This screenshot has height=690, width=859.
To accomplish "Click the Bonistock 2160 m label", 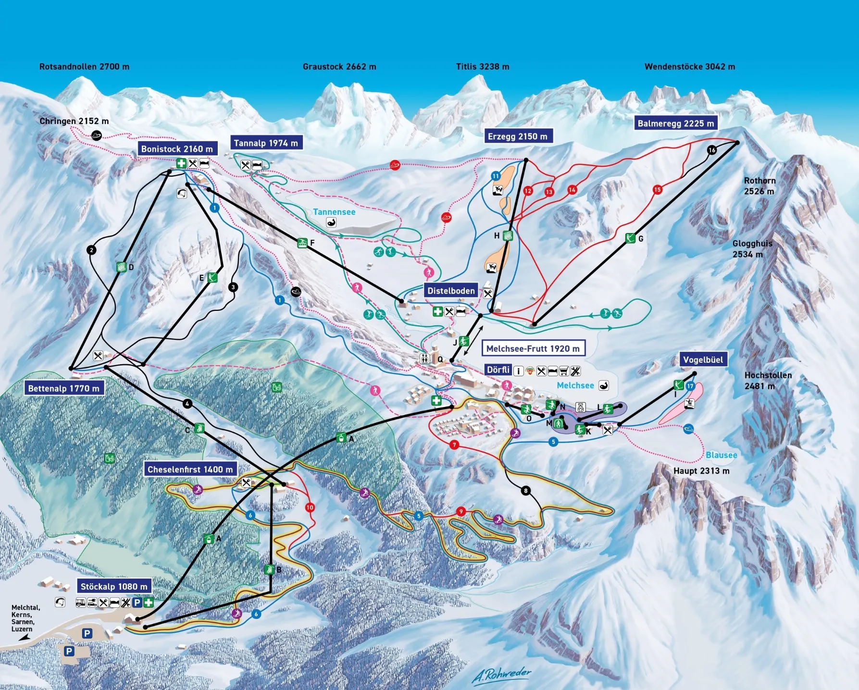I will pyautogui.click(x=177, y=149).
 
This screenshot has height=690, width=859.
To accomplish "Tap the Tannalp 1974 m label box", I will pyautogui.click(x=266, y=143).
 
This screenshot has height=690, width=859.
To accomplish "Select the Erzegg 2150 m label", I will pyautogui.click(x=517, y=136).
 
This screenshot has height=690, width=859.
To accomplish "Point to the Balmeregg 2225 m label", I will pyautogui.click(x=675, y=123).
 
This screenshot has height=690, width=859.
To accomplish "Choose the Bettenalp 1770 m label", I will pyautogui.click(x=63, y=388).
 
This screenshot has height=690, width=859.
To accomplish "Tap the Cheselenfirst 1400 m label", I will pyautogui.click(x=190, y=469).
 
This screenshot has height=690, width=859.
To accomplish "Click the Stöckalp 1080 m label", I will pyautogui.click(x=114, y=586).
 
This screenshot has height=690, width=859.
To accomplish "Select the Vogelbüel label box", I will pyautogui.click(x=703, y=360).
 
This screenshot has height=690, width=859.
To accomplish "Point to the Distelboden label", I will pyautogui.click(x=451, y=291).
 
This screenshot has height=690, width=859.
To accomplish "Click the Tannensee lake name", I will pyautogui.click(x=334, y=212).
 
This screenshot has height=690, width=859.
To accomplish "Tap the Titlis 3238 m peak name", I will pyautogui.click(x=482, y=67).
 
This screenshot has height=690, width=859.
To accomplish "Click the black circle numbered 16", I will pyautogui.click(x=712, y=150).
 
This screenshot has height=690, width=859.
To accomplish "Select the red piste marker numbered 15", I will pyautogui.click(x=657, y=190).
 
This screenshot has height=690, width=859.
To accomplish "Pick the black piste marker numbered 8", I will pyautogui.click(x=526, y=491).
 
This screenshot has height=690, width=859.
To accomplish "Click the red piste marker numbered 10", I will pyautogui.click(x=310, y=507).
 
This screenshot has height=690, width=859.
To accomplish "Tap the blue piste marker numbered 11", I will pyautogui.click(x=496, y=176).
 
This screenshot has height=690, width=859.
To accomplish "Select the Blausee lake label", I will pyautogui.click(x=721, y=455).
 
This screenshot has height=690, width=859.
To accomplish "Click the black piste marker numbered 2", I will pyautogui.click(x=91, y=250).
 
